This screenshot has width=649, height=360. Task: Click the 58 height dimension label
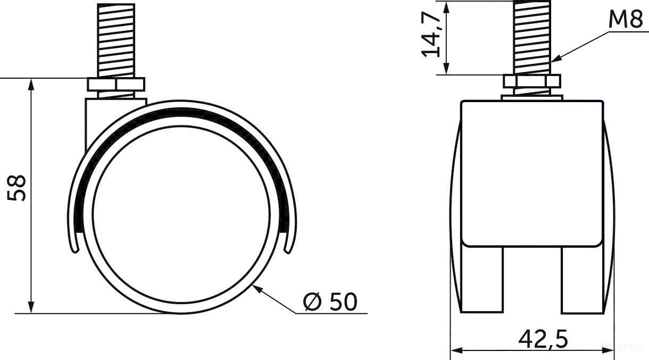tap(18, 188)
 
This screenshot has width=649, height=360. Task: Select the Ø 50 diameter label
tap(330, 302)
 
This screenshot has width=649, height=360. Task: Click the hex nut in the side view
tap(115, 86)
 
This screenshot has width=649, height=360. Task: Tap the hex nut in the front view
tap(531, 81)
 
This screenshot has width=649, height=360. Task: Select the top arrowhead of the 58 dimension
tap(32, 83)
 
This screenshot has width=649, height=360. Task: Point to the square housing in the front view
tap(531, 173)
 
